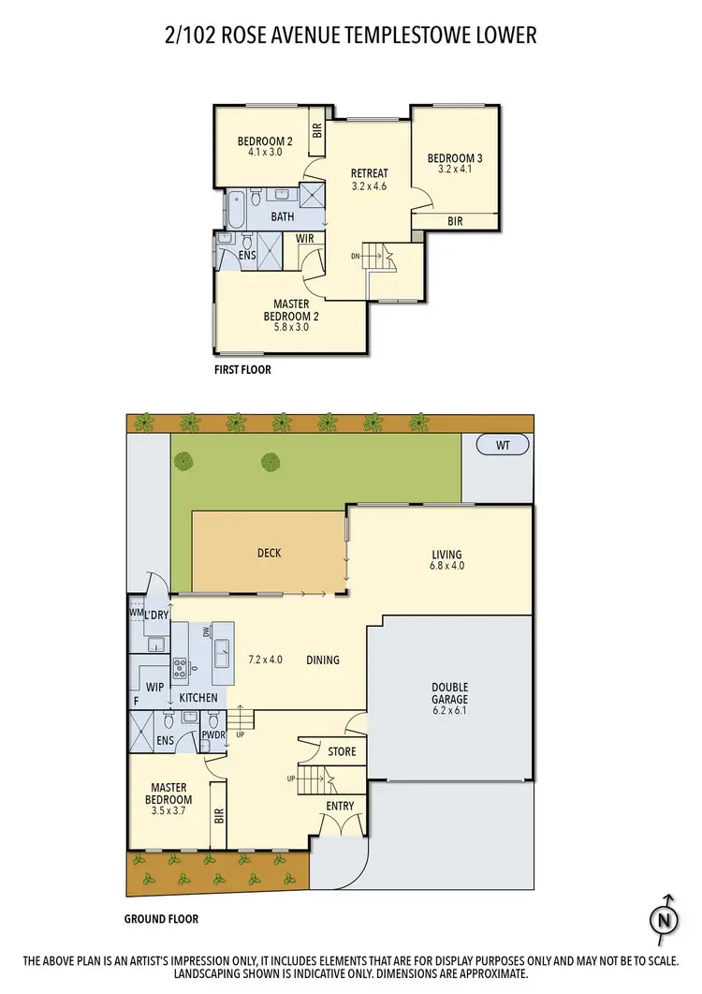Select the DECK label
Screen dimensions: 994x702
coord(269,553)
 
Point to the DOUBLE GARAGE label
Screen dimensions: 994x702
coord(450,692)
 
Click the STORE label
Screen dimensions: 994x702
coord(342,751)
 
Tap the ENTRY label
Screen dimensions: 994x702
coord(340,806)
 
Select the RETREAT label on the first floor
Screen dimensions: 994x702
coord(369,173)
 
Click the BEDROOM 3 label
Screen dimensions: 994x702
coord(454,157)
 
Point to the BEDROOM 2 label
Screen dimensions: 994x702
coord(252,141)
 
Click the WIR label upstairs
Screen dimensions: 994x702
coord(304,239)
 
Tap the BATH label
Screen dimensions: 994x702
coord(282,216)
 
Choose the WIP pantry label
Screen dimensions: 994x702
coord(155,687)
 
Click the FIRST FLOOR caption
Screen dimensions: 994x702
coord(242,370)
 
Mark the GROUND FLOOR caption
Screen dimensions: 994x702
coord(161,919)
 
